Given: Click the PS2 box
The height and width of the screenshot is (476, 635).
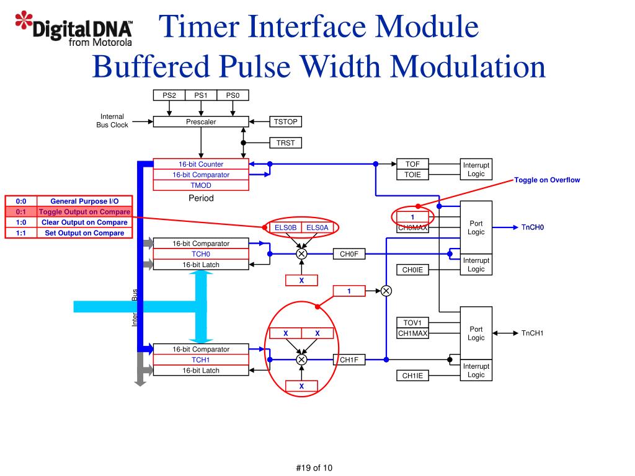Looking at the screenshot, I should tap(169, 95).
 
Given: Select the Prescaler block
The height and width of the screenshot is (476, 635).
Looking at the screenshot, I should tap(201, 122).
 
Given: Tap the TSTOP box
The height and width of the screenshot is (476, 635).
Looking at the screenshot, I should tap(285, 122).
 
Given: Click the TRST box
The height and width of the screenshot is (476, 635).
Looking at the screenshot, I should tap(285, 143).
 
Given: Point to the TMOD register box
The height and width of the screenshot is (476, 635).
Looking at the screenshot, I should tap(201, 185).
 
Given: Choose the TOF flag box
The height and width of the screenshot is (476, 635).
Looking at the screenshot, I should tap(412, 164).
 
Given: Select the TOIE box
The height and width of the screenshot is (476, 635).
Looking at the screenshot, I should tap(412, 175).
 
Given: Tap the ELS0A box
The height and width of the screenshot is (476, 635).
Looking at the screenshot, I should tap(317, 228).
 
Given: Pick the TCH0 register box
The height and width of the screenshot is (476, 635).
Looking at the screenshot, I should tap(201, 254).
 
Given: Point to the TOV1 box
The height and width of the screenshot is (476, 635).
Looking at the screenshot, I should tap(412, 323).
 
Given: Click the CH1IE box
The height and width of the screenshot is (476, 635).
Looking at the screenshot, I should tap(412, 376).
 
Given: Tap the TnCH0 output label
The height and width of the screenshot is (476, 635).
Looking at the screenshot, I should tap(532, 227).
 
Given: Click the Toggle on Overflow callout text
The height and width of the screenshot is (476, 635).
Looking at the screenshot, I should tap(547, 180).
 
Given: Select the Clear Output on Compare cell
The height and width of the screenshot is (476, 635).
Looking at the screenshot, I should tap(84, 223).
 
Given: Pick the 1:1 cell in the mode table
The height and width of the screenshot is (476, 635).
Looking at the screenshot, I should tap(21, 233).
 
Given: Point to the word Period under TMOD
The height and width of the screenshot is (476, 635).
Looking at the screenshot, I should tap(201, 198).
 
